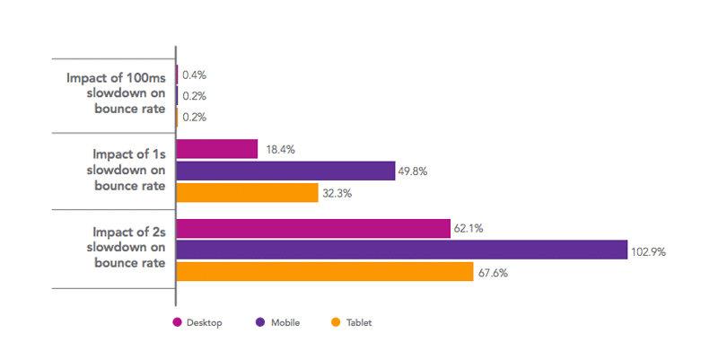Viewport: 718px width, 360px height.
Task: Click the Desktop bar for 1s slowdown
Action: (x=217, y=149)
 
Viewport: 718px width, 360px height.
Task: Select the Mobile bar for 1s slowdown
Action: (x=285, y=171)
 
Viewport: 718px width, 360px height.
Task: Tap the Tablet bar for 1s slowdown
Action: (x=248, y=192)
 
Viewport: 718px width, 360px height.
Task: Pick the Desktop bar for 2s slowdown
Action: (x=313, y=229)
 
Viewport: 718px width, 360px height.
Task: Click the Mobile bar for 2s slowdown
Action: (x=402, y=250)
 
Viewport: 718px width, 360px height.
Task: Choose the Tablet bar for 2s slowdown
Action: (x=325, y=271)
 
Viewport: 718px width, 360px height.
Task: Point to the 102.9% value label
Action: (x=648, y=252)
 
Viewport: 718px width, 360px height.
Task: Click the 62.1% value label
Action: (x=468, y=229)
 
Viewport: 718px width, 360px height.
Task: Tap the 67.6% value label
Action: (x=493, y=273)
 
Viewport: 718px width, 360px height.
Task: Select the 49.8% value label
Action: (x=415, y=171)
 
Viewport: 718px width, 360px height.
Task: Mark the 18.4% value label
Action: (x=280, y=149)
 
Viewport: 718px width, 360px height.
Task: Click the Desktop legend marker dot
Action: (x=177, y=322)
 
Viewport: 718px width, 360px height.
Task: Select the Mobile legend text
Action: (x=285, y=322)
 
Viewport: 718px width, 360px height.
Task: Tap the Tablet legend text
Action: (x=359, y=322)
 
